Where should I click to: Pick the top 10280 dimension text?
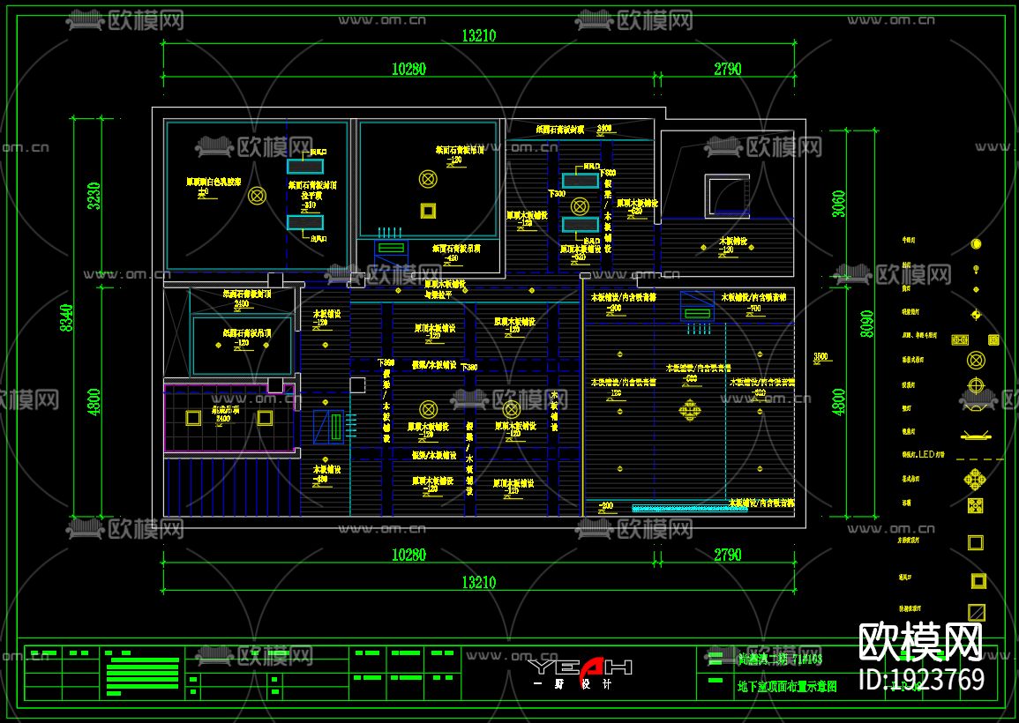point(408,69)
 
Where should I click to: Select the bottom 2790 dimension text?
point(727,555)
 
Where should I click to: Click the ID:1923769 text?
point(921,680)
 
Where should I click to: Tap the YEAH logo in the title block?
point(581,667)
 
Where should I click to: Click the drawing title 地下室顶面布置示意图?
point(786,685)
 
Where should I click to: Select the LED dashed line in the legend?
point(974,458)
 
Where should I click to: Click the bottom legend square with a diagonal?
point(976,611)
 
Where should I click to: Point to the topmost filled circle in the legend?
point(976,244)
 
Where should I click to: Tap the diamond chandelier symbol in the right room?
point(690,409)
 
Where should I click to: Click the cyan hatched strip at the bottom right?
point(678,508)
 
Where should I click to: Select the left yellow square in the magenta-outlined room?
point(191,418)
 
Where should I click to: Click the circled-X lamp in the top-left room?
point(257,196)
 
